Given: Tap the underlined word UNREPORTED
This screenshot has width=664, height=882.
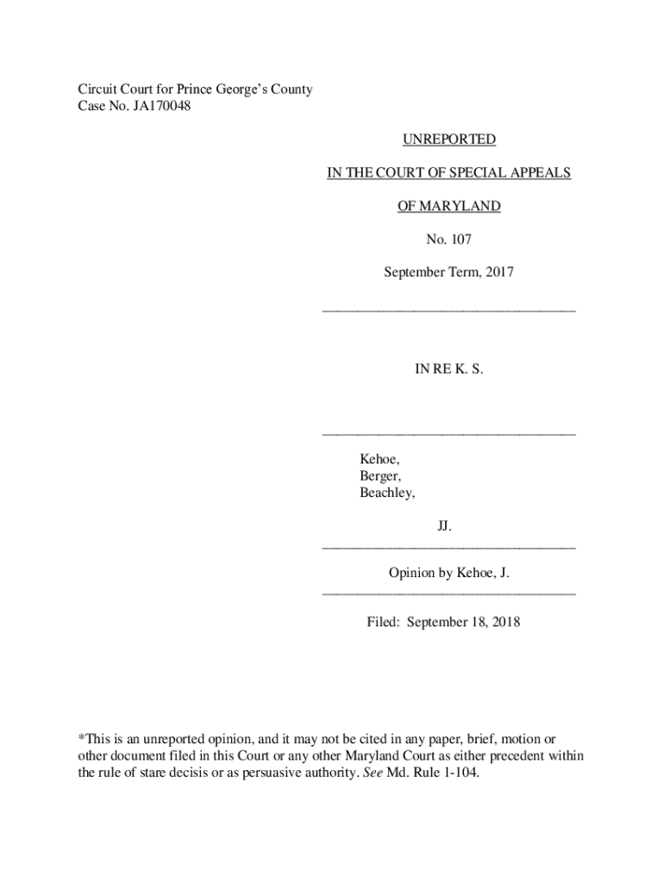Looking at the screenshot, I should (448, 139).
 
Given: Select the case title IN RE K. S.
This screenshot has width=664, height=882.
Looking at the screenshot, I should (448, 369).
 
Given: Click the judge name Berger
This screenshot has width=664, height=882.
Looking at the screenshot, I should (379, 476).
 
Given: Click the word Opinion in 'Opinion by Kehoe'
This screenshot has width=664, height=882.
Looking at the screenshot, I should (412, 572).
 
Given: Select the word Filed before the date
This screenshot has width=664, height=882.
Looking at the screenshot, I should (383, 621).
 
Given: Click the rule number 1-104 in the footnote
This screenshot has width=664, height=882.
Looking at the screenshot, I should (459, 772).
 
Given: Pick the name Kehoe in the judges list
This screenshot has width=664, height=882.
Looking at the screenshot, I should (379, 460).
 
